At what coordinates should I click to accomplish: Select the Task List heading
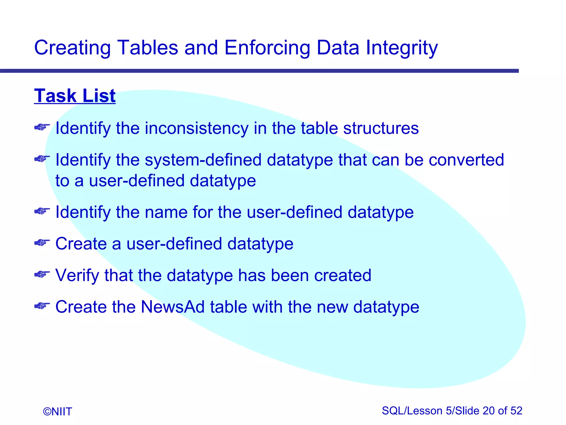pos(75,96)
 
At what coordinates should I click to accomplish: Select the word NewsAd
pos(172,307)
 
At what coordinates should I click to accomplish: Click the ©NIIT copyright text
pos(57,411)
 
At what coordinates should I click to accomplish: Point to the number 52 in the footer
pos(516,411)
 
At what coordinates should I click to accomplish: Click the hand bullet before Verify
pos(42,274)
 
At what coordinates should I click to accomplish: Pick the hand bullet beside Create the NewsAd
pos(42,306)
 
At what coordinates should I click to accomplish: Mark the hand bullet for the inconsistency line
pos(42,127)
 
